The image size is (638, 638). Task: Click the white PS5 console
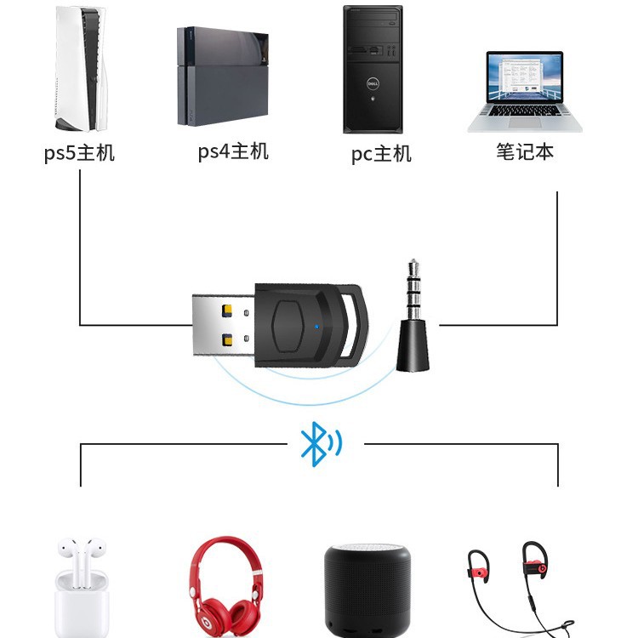pyautogui.click(x=81, y=68)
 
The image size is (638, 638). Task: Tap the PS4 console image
pyautogui.click(x=223, y=77)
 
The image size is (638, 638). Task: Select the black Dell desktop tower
pyautogui.click(x=373, y=69)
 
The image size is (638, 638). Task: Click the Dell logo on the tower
pyautogui.click(x=373, y=84)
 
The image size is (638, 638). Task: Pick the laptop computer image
pyautogui.click(x=525, y=92)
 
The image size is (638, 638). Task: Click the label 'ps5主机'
pyautogui.click(x=79, y=153)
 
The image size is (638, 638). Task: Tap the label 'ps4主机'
pyautogui.click(x=233, y=151)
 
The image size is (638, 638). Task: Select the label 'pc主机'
pyautogui.click(x=381, y=154)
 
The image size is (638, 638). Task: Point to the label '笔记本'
pyautogui.click(x=525, y=151)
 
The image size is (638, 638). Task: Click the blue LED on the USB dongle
pyautogui.click(x=317, y=327)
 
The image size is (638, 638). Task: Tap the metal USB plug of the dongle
pyautogui.click(x=224, y=326)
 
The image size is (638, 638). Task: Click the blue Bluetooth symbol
pyautogui.click(x=321, y=444)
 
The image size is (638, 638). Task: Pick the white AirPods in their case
pyautogui.click(x=83, y=587)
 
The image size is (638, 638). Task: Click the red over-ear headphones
pyautogui.click(x=225, y=587)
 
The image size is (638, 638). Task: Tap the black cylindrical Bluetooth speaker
pyautogui.click(x=367, y=590)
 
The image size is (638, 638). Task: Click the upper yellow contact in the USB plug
pyautogui.click(x=227, y=310)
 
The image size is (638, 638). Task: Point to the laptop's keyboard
pyautogui.click(x=525, y=111)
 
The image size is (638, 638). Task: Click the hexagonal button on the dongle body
pyautogui.click(x=288, y=327)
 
